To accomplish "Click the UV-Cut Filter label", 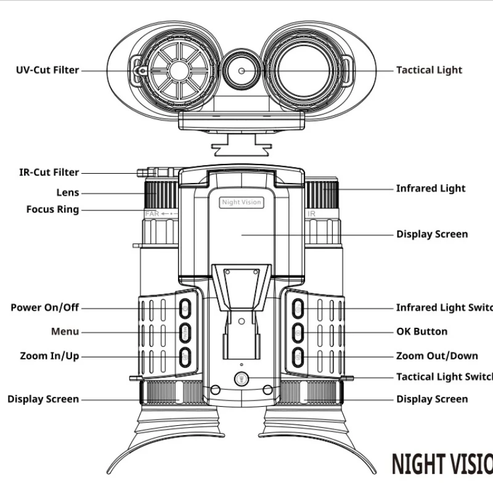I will [47, 70].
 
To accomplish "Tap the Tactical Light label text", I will [429, 70].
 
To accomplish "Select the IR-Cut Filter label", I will [49, 173].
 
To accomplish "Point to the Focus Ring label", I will [52, 210].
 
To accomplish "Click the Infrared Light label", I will [431, 189].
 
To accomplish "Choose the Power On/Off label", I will [44, 308].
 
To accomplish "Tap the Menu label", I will [65, 332].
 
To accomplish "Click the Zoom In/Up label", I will [49, 356].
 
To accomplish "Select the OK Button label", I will [422, 332].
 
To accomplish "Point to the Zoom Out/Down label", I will [437, 356].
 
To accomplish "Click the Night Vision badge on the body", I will [242, 202].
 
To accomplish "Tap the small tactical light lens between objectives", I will [242, 71].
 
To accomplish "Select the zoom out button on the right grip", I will [298, 356].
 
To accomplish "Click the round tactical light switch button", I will [242, 379].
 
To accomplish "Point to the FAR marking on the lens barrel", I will [152, 214].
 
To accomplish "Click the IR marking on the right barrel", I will [312, 214].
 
